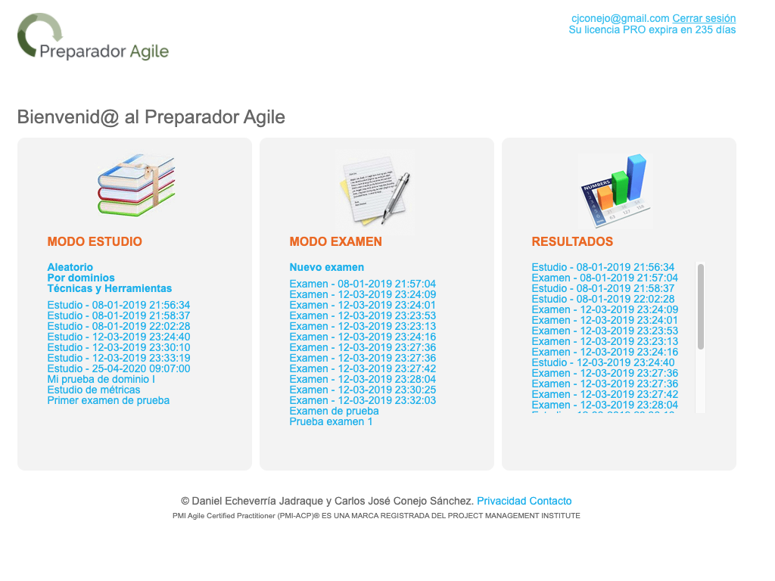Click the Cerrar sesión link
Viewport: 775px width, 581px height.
[704, 18]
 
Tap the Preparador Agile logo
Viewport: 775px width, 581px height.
[93, 36]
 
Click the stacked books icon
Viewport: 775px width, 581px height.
[136, 185]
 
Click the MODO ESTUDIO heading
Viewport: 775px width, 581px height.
[95, 241]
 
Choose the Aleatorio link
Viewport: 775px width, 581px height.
[70, 267]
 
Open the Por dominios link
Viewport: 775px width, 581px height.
[81, 278]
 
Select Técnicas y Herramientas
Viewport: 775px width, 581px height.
[110, 288]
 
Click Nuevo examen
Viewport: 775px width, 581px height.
[327, 267]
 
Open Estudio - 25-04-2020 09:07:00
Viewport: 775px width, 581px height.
[119, 368]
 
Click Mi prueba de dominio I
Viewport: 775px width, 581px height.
[101, 380]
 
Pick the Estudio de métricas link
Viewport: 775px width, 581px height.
[94, 390]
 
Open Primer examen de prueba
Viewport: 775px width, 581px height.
[108, 401]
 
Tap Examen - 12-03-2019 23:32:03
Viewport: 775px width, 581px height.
[363, 401]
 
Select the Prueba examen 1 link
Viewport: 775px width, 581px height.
[331, 422]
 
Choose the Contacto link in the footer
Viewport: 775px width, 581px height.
[548, 501]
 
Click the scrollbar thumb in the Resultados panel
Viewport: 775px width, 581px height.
[700, 307]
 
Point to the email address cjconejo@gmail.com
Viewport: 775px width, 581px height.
[621, 18]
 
